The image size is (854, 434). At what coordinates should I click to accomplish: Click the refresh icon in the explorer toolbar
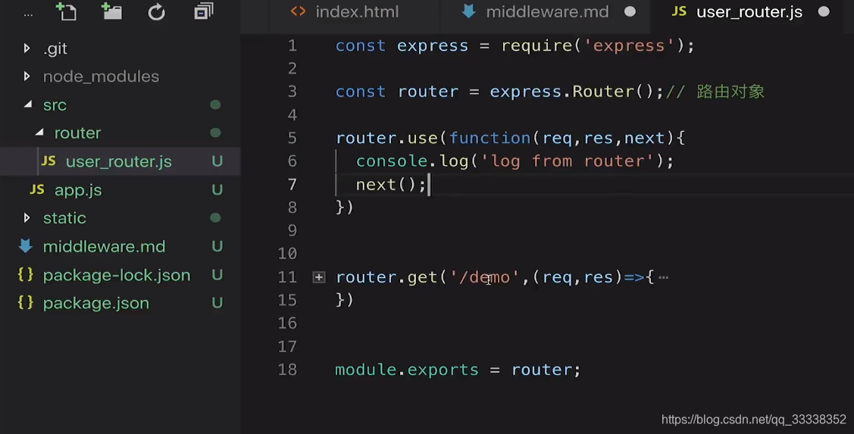(157, 11)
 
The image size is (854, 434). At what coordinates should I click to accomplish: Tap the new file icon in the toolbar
(67, 11)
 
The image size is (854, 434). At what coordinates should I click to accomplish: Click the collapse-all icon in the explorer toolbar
(203, 11)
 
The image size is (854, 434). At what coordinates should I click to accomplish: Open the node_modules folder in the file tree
(101, 76)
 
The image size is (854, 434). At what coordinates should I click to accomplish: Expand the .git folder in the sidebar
(55, 48)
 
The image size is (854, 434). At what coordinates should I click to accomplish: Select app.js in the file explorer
(78, 190)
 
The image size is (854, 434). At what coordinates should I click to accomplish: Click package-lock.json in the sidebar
(116, 275)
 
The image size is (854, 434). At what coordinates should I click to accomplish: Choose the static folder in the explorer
(64, 218)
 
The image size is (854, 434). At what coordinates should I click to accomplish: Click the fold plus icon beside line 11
(319, 277)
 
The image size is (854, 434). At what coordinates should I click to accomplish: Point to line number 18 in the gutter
(287, 370)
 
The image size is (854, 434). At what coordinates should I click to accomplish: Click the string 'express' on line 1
(629, 45)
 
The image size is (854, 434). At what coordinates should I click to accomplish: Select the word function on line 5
(490, 138)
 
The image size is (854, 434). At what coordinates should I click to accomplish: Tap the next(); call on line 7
(391, 184)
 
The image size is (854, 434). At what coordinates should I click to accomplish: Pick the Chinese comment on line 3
(730, 92)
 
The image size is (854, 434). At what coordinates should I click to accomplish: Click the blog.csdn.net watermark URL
(753, 420)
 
